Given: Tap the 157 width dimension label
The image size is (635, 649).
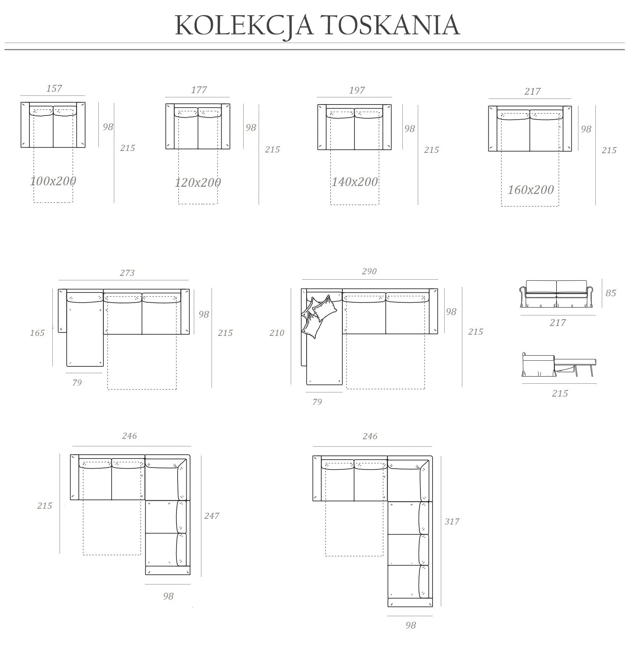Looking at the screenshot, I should click(54, 88).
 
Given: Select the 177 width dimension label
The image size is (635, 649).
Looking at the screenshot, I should click(199, 90).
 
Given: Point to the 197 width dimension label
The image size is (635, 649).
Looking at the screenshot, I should click(357, 90).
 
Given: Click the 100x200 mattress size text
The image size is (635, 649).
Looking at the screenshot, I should click(53, 181).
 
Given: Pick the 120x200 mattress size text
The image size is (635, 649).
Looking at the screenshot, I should click(198, 183).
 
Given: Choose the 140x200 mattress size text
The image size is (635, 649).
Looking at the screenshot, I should click(354, 182).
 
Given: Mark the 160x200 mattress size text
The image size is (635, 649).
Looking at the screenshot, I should click(531, 189).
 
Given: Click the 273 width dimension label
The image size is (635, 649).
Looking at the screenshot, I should click(127, 272).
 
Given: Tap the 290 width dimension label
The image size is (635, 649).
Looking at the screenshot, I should click(369, 271).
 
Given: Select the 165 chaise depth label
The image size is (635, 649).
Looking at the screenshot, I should click(37, 333).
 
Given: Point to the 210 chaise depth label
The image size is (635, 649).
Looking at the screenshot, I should click(277, 333).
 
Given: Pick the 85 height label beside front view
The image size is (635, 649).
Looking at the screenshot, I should click(610, 293).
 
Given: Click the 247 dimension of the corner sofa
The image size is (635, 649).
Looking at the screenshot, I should click(212, 516).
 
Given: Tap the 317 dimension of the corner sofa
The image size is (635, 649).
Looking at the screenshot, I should click(452, 521).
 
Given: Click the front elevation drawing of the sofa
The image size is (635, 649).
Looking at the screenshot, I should click(557, 294).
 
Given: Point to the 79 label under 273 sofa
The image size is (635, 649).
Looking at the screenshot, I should click(77, 383).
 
